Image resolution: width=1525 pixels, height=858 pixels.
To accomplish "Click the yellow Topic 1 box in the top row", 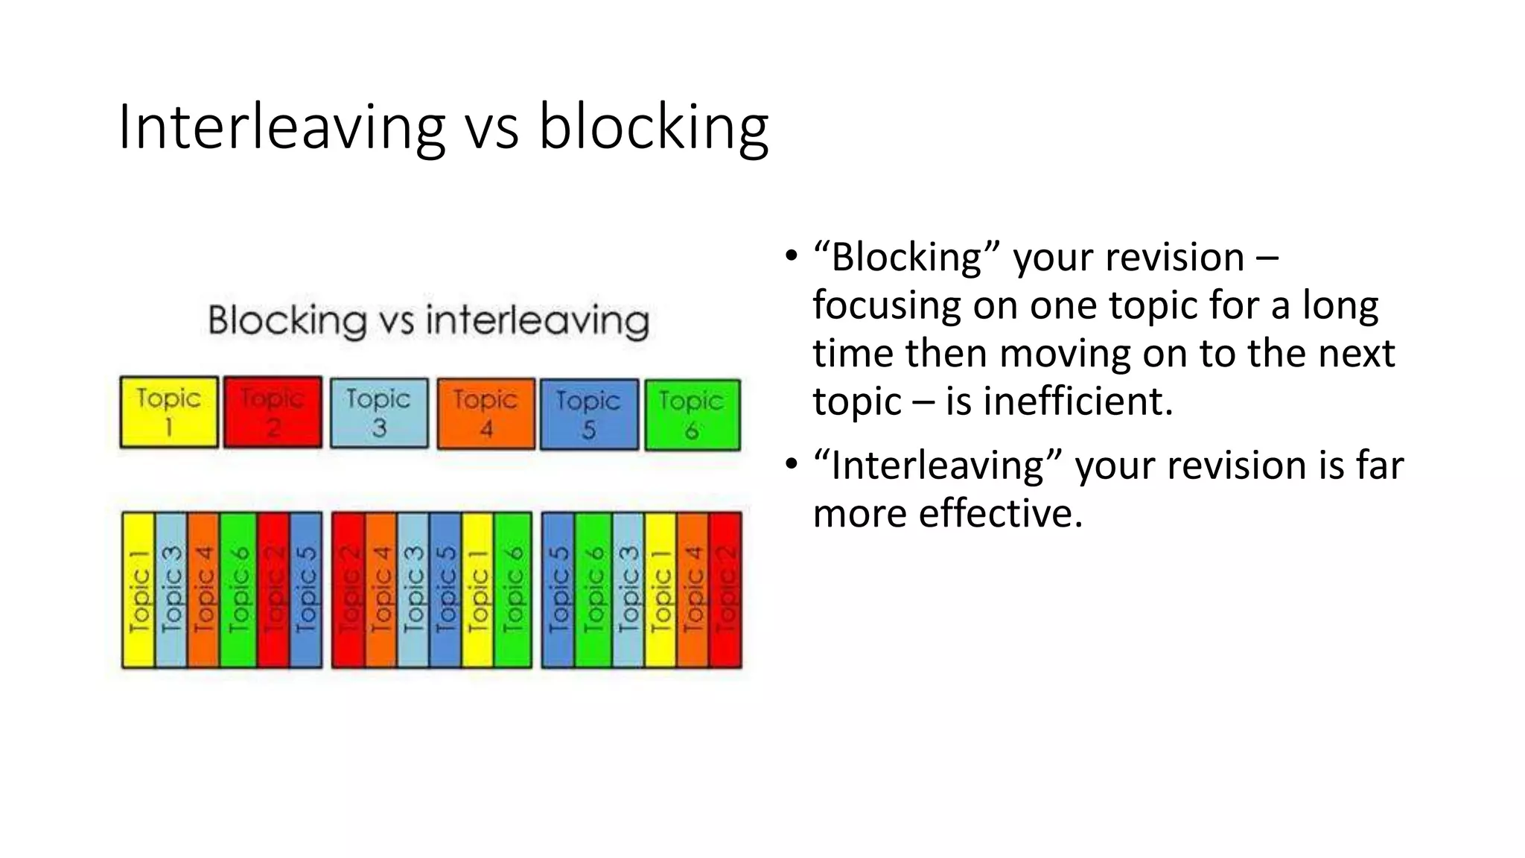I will [169, 412].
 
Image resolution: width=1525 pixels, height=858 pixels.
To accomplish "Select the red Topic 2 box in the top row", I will [273, 412].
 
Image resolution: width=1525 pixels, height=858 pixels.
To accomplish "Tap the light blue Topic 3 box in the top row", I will [379, 413].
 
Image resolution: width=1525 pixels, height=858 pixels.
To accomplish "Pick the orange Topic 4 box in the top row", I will [485, 413].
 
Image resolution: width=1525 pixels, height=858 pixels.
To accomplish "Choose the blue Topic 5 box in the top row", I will [589, 414].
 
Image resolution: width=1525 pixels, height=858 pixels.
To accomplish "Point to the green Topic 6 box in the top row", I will [693, 415].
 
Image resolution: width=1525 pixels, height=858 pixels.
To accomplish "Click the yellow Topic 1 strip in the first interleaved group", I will [139, 590].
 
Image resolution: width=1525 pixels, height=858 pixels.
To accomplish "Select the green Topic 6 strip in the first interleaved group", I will [238, 590].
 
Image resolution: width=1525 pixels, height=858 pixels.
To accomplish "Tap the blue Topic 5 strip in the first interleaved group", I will [306, 590].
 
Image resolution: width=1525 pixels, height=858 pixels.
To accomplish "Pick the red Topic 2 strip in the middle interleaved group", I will [348, 590].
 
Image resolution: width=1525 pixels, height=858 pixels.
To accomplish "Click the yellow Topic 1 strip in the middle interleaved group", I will [477, 590].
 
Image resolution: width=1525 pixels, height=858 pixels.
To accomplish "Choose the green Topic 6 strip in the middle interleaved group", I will [513, 590].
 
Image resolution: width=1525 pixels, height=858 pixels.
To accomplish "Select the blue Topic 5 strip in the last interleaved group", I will [558, 590].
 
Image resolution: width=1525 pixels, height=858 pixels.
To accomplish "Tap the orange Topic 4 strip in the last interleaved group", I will [693, 590].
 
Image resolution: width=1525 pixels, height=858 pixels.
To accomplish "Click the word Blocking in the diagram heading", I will [287, 321].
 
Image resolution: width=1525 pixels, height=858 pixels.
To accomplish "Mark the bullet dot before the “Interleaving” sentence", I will [791, 465].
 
